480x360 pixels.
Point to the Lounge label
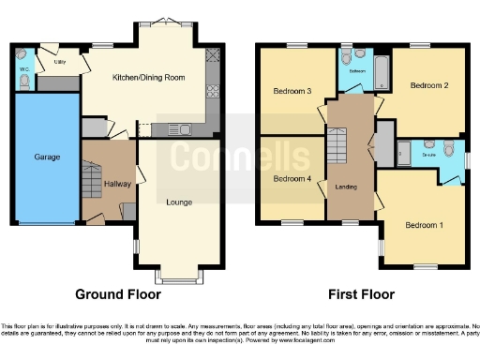pos(179,202)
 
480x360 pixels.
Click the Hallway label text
pos(116,184)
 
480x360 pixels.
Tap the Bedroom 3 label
pos(292,91)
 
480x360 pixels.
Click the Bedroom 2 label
pos(429,85)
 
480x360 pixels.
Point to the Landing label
pos(347,187)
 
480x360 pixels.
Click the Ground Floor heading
pos(118,293)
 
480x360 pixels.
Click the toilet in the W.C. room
pos(24,82)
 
